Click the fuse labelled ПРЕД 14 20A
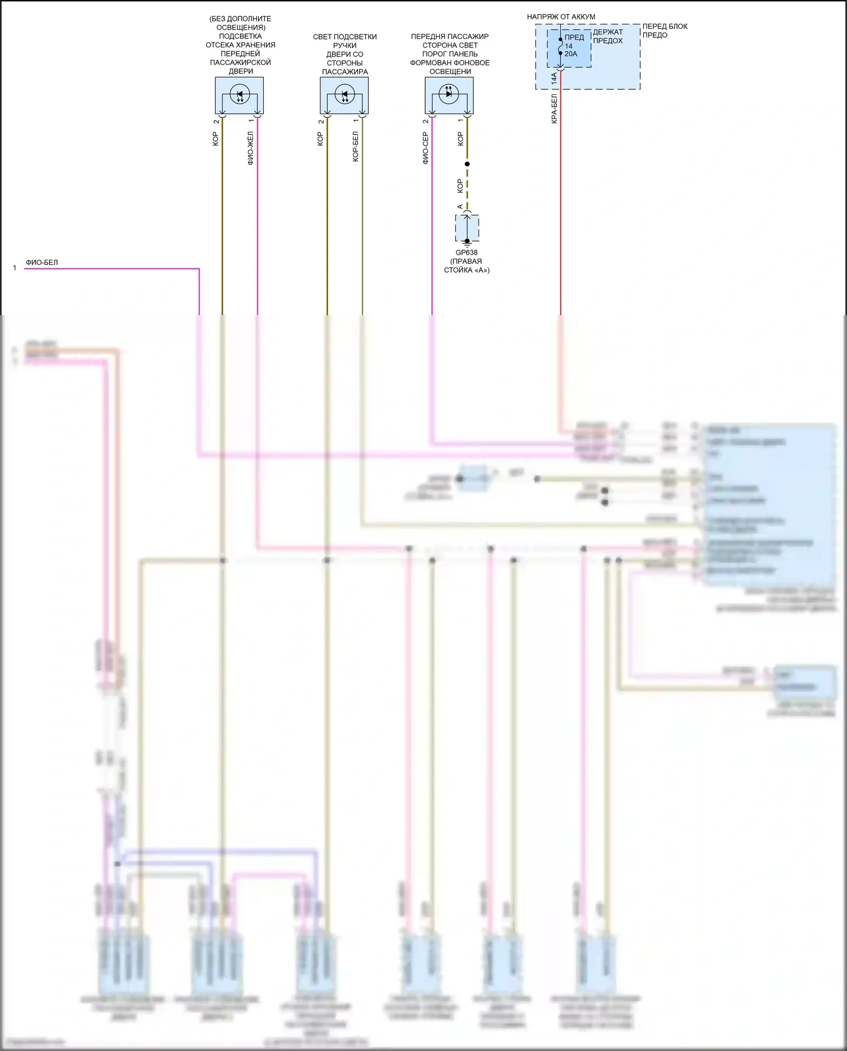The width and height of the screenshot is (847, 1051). tap(569, 46)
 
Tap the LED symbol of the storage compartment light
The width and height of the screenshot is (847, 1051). tap(239, 94)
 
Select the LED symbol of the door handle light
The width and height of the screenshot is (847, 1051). tap(344, 94)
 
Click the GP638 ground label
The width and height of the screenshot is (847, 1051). tap(466, 253)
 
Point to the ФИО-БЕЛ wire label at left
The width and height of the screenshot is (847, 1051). tap(42, 263)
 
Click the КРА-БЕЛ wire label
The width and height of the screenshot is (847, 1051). tap(554, 109)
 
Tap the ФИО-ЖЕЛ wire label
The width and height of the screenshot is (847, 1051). tap(251, 148)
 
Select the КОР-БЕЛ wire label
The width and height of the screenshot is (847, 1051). tap(355, 147)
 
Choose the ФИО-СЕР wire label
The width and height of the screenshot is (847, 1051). tap(425, 148)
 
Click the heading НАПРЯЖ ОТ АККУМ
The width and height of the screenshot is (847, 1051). tap(561, 17)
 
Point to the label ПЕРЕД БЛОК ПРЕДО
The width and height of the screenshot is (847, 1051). tap(664, 30)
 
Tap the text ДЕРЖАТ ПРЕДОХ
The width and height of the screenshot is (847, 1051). tap(608, 36)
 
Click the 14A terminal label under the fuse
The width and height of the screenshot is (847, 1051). tap(554, 79)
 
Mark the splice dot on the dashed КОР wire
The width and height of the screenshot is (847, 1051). tap(467, 164)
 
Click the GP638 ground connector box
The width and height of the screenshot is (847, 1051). tap(467, 228)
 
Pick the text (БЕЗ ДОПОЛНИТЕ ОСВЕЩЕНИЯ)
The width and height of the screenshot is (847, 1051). tap(241, 23)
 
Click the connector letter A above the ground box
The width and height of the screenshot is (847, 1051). tap(460, 207)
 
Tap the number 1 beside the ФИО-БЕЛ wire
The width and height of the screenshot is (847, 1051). tap(15, 268)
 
